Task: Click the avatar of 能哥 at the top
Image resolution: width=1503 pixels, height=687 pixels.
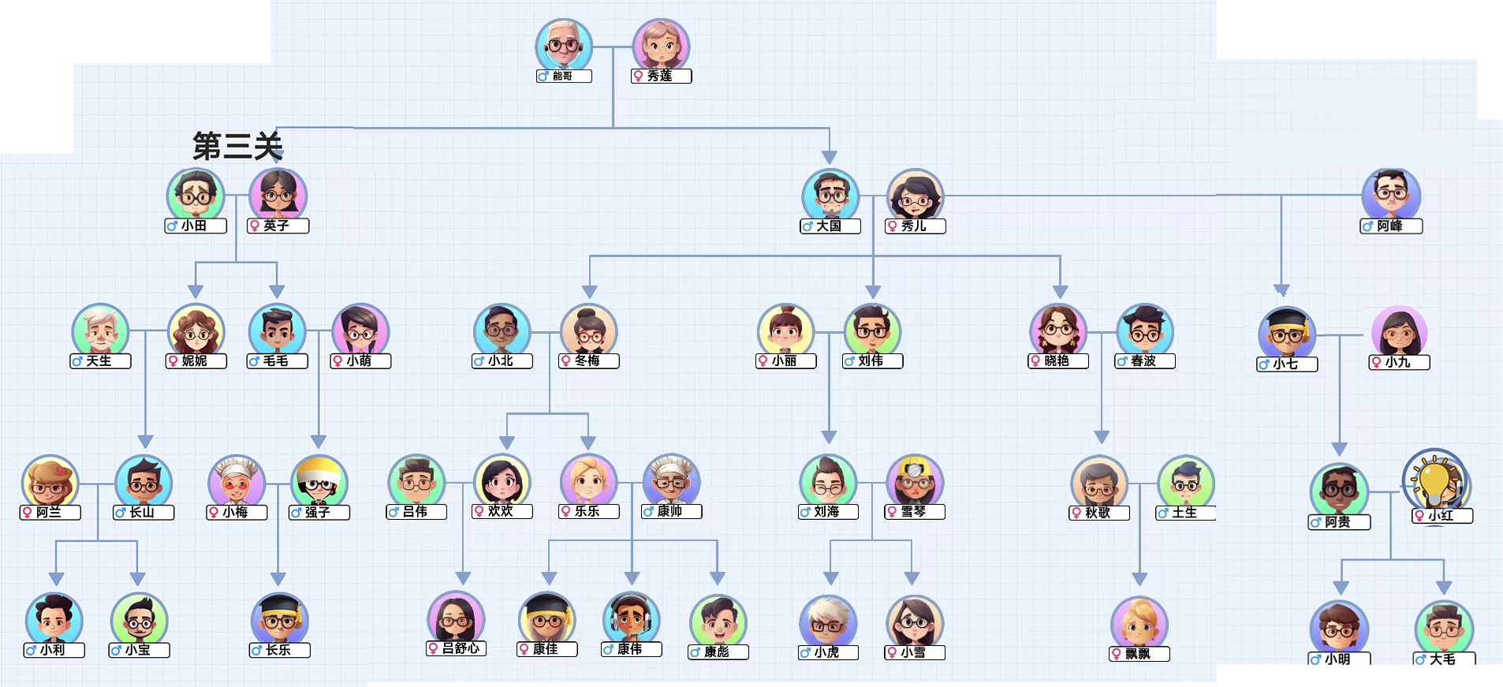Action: tap(563, 46)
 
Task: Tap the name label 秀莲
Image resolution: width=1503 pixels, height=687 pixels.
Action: tap(661, 76)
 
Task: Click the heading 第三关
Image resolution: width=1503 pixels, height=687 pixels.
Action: tap(238, 147)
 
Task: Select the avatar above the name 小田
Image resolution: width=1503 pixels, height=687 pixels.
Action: tap(196, 196)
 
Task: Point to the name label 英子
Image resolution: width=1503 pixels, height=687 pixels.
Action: tap(278, 226)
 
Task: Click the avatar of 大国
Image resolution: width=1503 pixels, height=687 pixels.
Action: tap(830, 196)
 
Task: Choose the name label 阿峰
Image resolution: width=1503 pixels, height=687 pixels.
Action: tap(1391, 226)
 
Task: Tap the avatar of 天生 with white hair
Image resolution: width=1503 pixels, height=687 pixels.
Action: tap(100, 331)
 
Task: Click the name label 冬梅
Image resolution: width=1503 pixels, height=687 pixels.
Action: tap(588, 360)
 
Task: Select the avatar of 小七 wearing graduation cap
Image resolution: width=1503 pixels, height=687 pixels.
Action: tap(1287, 334)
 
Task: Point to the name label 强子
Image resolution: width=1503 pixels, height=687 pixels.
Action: tap(319, 513)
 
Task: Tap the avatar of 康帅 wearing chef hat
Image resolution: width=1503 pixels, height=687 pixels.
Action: tap(671, 481)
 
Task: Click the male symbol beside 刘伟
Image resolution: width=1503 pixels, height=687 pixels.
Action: tap(849, 361)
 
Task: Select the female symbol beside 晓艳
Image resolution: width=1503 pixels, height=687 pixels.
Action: tap(1035, 361)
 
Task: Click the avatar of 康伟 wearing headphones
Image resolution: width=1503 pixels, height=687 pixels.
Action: tap(631, 620)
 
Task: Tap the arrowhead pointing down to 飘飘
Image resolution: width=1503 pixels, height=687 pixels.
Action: tap(1139, 579)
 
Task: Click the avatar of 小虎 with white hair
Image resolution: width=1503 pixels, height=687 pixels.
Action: tap(828, 623)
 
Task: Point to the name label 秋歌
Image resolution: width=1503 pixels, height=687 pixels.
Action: tap(1099, 513)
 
